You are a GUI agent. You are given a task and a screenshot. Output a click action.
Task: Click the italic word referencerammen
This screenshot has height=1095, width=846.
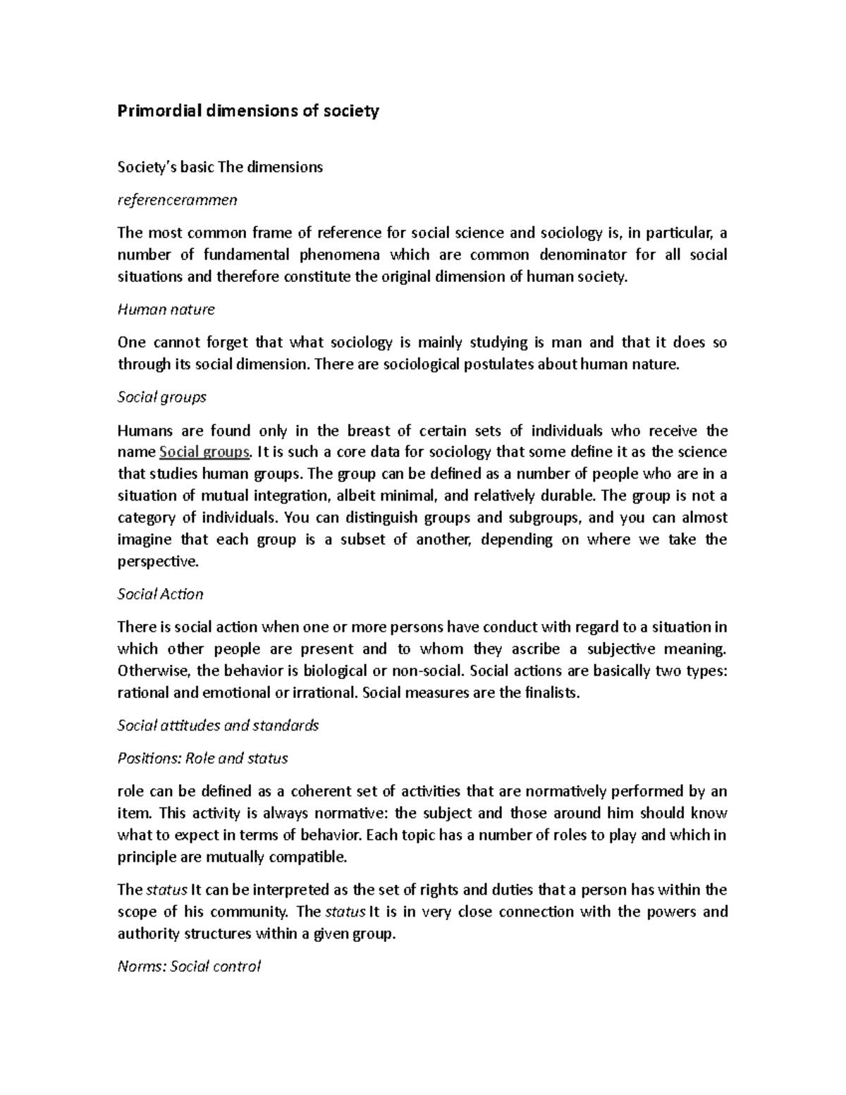point(177,200)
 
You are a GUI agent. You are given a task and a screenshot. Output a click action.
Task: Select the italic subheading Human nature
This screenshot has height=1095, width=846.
point(166,310)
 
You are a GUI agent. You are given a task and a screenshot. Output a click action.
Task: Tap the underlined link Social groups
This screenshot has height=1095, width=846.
point(205,452)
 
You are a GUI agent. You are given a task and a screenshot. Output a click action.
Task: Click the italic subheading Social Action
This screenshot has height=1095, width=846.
point(160,594)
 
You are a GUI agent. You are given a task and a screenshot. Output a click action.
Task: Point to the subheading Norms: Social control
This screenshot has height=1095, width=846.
point(189,967)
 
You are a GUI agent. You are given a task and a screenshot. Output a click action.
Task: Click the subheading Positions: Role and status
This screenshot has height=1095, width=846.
point(202,759)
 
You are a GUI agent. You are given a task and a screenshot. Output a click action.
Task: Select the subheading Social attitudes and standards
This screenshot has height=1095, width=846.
point(218,726)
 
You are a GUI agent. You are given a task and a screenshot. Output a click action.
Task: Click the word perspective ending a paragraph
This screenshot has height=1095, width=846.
point(157,562)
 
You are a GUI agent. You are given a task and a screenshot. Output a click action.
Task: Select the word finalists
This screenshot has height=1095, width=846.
point(552,692)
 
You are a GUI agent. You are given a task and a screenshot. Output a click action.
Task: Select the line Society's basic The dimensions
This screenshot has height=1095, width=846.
point(219,167)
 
